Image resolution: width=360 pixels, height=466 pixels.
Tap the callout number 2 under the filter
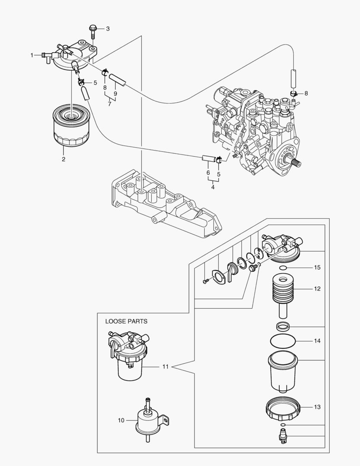pyautogui.click(x=63, y=159)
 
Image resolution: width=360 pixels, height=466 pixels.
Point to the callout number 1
pyautogui.click(x=32, y=55)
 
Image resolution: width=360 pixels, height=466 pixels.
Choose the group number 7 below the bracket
pyautogui.click(x=110, y=104)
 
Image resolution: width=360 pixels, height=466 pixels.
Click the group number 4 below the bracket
pyautogui.click(x=213, y=187)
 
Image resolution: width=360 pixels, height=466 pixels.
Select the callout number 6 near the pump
pyautogui.click(x=208, y=173)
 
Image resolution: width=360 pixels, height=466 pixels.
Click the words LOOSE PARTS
pyautogui.click(x=126, y=321)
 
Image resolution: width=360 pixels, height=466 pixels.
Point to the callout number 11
pyautogui.click(x=165, y=367)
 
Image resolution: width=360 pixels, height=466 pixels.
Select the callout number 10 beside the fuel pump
pyautogui.click(x=121, y=419)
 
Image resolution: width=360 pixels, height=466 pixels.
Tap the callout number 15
pyautogui.click(x=317, y=268)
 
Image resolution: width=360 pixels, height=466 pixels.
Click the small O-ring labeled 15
pyautogui.click(x=283, y=268)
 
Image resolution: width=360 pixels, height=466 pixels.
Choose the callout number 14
pyautogui.click(x=317, y=341)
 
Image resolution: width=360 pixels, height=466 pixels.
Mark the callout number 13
pyautogui.click(x=317, y=407)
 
